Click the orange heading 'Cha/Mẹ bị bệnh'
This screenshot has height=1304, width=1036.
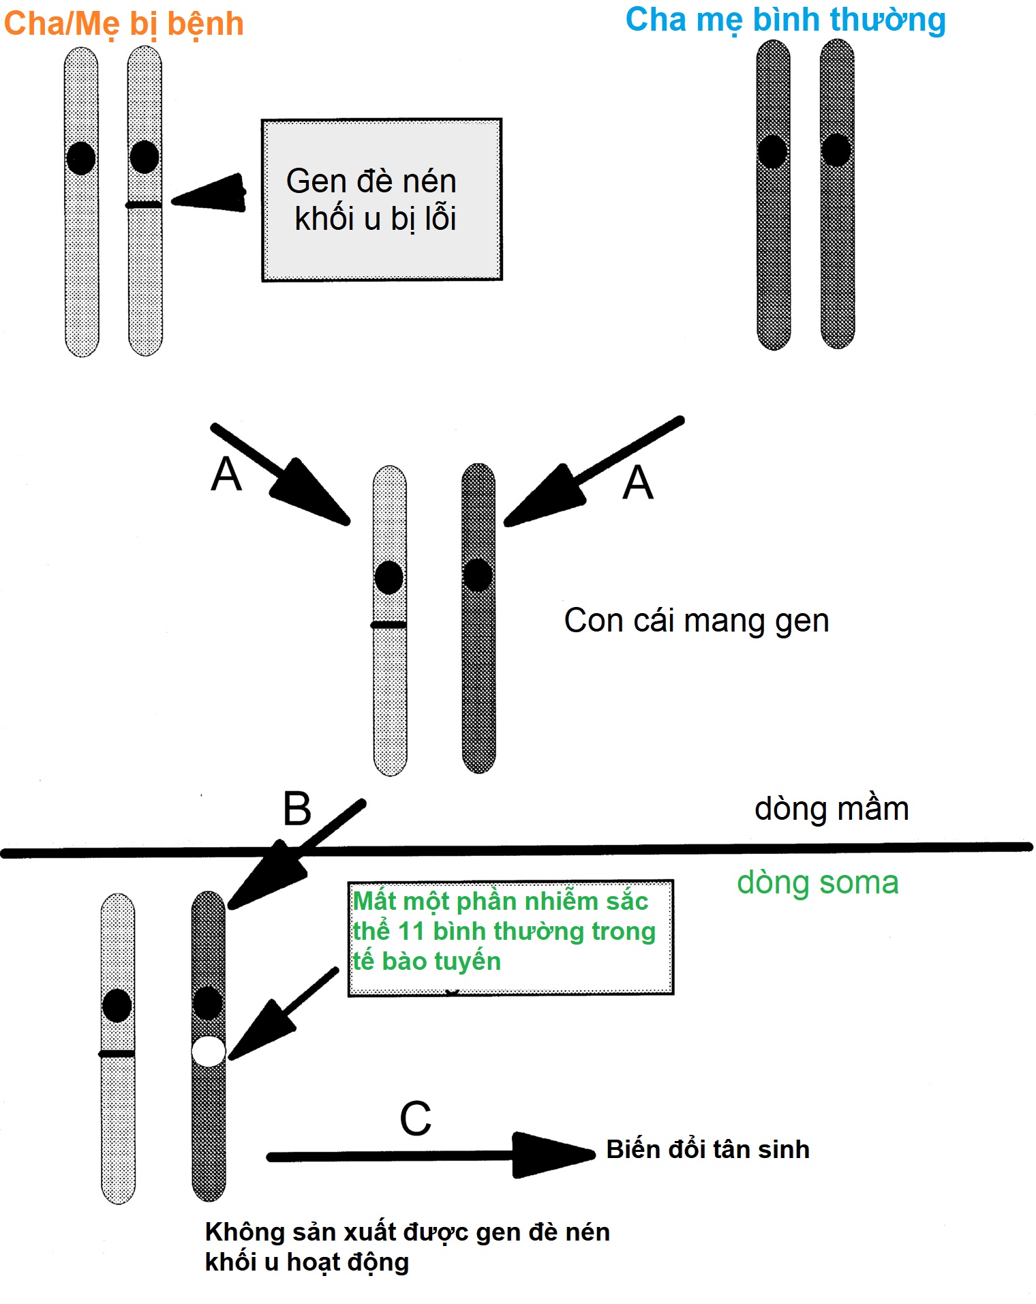click(x=123, y=24)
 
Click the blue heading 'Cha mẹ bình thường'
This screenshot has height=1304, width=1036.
click(x=785, y=20)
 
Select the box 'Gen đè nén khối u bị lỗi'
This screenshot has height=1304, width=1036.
click(x=382, y=199)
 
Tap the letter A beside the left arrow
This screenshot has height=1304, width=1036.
click(x=226, y=473)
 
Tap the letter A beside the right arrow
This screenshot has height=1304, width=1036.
click(x=638, y=482)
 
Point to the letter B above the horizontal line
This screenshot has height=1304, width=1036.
click(x=297, y=809)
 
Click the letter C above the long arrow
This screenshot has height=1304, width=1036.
click(x=415, y=1118)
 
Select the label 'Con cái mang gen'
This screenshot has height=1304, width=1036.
click(x=696, y=621)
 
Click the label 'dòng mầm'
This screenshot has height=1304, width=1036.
click(x=831, y=809)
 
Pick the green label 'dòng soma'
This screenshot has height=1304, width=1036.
click(x=817, y=883)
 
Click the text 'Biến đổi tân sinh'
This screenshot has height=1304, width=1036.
click(x=707, y=1149)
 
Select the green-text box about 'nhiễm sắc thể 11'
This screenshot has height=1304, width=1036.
click(x=510, y=937)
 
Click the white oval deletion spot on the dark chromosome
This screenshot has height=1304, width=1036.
click(x=209, y=1051)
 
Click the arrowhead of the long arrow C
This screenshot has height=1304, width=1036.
click(x=552, y=1155)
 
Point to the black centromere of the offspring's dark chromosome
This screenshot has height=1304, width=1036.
click(x=478, y=574)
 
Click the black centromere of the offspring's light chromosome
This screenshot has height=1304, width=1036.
click(x=389, y=577)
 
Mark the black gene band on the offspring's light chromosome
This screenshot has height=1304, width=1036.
click(x=389, y=625)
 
